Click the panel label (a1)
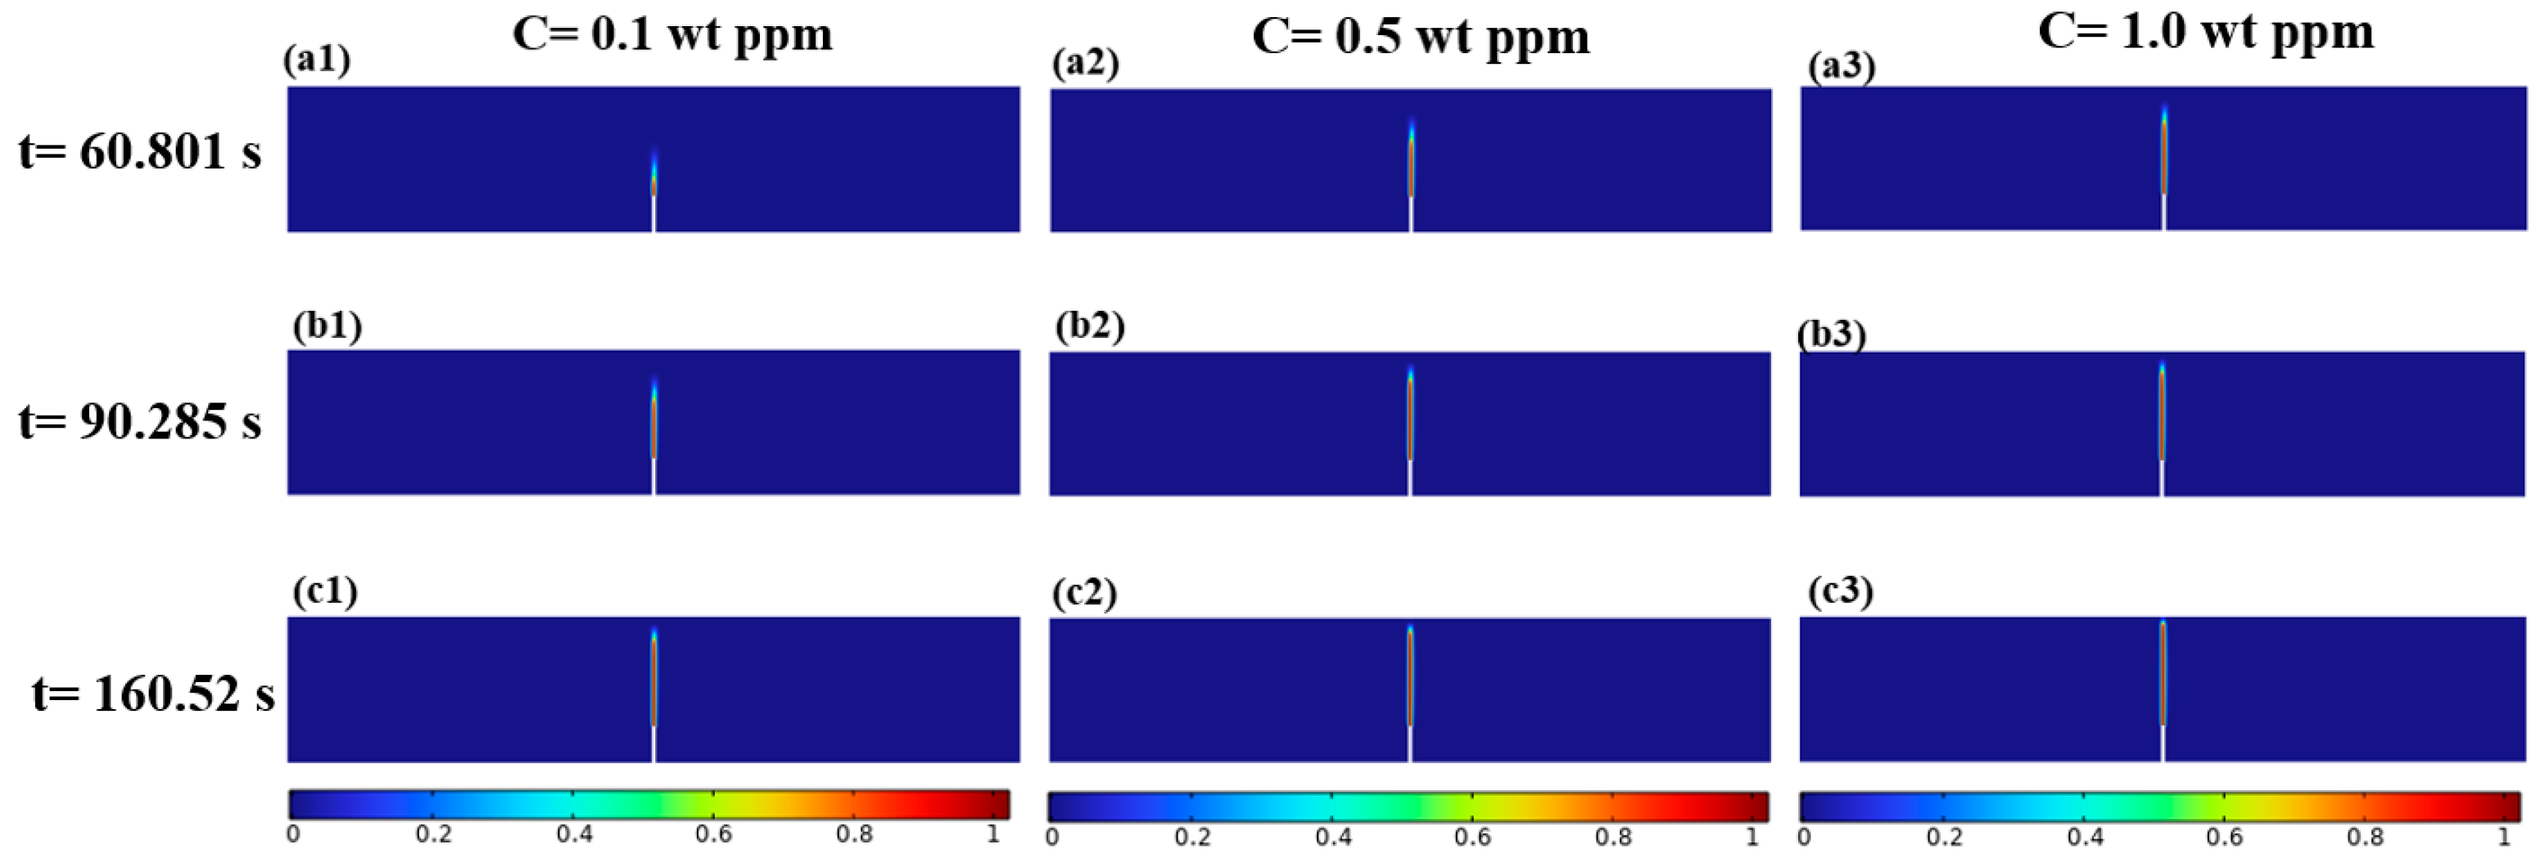(x=316, y=61)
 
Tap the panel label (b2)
(x=1089, y=326)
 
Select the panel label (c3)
(x=1840, y=591)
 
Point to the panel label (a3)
(x=1841, y=66)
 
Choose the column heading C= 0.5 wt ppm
(x=1420, y=37)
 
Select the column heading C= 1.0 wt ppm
(x=2205, y=32)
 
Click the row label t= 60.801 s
(x=139, y=152)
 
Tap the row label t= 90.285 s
(x=139, y=421)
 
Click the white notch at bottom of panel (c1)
(x=653, y=744)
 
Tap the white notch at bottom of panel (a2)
(x=1411, y=214)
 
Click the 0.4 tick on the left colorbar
(x=574, y=833)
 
